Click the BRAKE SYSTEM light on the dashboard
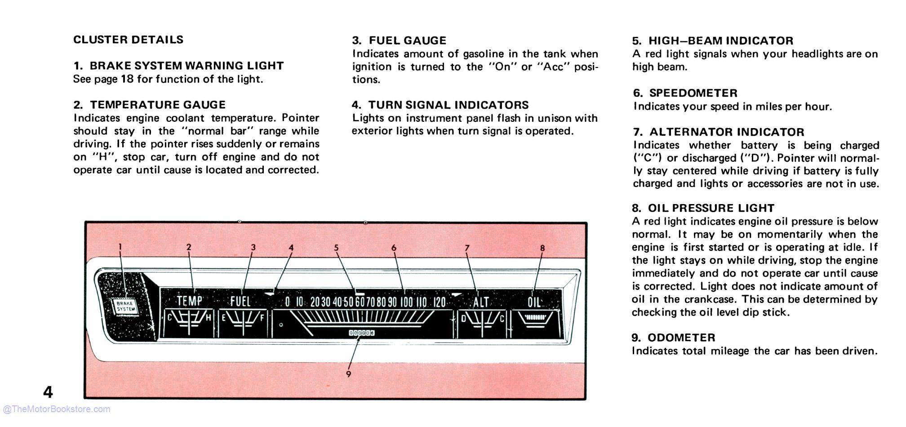[x=124, y=307]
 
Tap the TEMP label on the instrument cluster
[x=189, y=301]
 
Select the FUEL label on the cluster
[x=240, y=301]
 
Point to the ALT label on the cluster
[x=480, y=302]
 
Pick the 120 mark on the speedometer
[x=439, y=302]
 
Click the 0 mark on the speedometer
[x=287, y=302]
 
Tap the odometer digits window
[x=361, y=333]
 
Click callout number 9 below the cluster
[x=349, y=374]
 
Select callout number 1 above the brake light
[x=120, y=246]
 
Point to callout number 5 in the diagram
[x=336, y=248]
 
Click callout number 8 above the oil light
[x=542, y=248]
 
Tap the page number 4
[x=48, y=392]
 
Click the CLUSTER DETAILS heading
[x=128, y=40]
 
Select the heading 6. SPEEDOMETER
[x=685, y=93]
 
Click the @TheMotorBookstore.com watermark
[x=56, y=409]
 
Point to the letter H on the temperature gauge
[x=209, y=318]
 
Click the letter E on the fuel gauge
[x=223, y=318]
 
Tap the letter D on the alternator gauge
[x=463, y=319]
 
